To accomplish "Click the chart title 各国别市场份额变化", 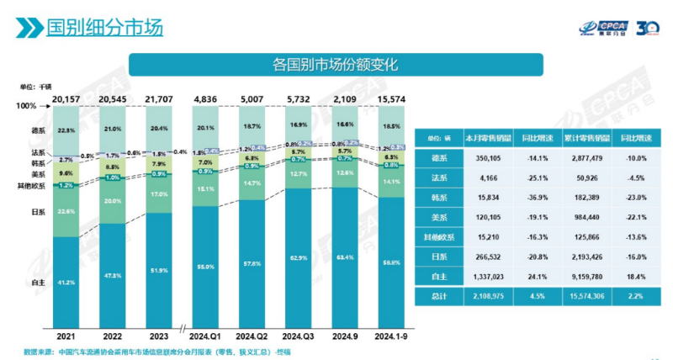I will point(335,64).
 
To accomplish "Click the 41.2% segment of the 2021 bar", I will point(66,283).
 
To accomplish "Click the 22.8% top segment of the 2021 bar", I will point(66,130).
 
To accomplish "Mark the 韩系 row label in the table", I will point(438,198).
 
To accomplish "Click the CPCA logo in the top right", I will point(600,28).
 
